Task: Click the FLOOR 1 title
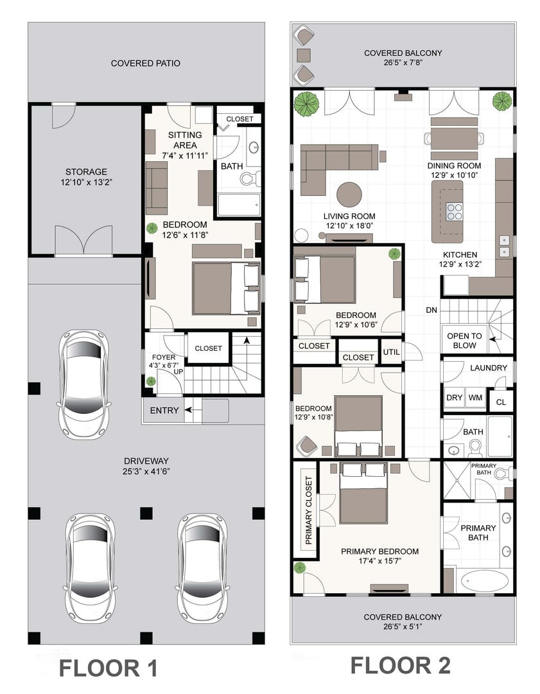click(109, 668)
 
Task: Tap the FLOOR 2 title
click(400, 665)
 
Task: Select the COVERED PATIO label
click(146, 63)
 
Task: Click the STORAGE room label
click(86, 172)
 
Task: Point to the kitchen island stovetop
click(454, 211)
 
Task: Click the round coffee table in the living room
click(349, 194)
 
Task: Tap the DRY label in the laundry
click(454, 398)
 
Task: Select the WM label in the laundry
click(475, 398)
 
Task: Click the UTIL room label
click(392, 352)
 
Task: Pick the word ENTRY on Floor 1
click(164, 411)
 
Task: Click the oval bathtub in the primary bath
click(485, 580)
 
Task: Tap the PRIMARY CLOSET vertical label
click(309, 510)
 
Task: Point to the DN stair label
click(431, 310)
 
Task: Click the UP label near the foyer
click(179, 372)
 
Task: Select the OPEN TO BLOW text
click(464, 341)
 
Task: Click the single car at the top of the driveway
click(83, 384)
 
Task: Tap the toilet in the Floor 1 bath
click(250, 179)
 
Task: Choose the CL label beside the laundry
click(501, 402)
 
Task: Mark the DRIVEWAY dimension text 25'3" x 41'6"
click(146, 472)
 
